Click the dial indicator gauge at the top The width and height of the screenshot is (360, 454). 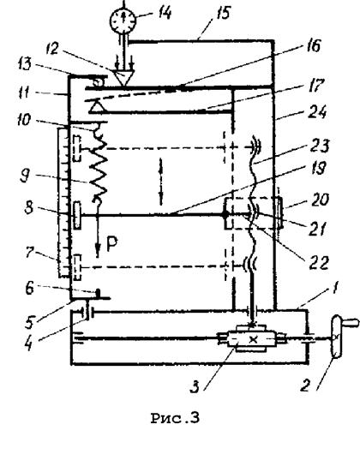(x=123, y=21)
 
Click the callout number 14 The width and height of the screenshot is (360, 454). (x=165, y=13)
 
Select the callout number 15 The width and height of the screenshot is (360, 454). (x=223, y=14)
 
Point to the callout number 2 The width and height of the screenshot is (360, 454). (x=306, y=385)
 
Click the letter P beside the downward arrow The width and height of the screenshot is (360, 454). (x=112, y=243)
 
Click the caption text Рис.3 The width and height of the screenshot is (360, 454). (x=175, y=418)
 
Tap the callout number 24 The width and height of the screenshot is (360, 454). (x=317, y=111)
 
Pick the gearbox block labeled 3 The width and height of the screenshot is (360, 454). (x=251, y=338)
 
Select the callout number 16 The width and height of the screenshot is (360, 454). (x=312, y=46)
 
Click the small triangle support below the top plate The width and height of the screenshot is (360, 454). (x=95, y=107)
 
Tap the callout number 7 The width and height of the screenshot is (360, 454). (x=30, y=252)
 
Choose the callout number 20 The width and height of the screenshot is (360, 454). (x=320, y=200)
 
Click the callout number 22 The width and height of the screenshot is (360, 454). (x=319, y=263)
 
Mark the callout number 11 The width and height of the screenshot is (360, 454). (x=23, y=93)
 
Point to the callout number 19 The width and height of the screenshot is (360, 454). (x=318, y=168)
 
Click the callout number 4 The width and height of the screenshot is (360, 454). (x=28, y=344)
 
